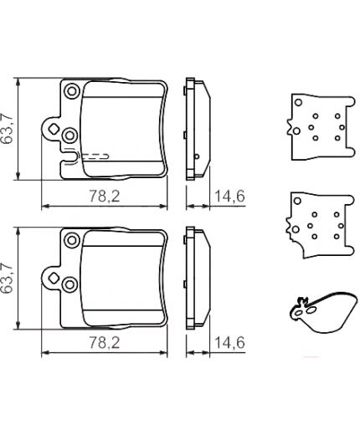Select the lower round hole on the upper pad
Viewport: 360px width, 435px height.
70,135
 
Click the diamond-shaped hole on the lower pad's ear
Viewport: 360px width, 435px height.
54,277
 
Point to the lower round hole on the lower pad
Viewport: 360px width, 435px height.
70,284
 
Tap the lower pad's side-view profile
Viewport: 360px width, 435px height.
194,278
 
